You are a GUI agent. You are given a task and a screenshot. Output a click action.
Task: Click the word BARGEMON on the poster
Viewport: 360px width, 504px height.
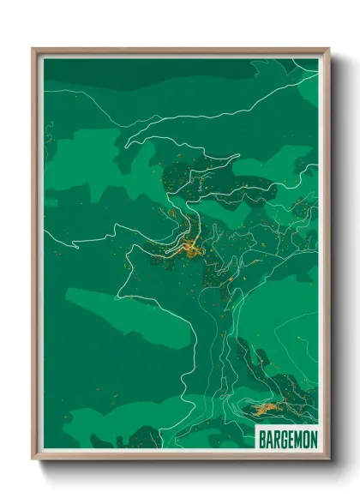[x=287, y=440]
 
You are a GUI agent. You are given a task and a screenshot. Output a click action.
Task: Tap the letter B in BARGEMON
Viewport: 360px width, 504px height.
[x=262, y=440]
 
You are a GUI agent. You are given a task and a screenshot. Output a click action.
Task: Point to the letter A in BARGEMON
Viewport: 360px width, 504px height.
[x=269, y=440]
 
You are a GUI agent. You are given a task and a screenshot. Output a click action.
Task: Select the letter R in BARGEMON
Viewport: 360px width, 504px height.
[x=276, y=440]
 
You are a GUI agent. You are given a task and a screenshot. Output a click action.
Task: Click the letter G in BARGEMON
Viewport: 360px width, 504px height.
[x=284, y=440]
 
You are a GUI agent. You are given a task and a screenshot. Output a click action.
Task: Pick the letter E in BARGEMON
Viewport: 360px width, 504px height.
[x=291, y=440]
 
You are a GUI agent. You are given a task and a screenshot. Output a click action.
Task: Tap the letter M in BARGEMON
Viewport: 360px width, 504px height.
[x=297, y=440]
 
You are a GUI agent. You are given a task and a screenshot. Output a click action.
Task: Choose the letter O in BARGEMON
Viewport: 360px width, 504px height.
[x=305, y=440]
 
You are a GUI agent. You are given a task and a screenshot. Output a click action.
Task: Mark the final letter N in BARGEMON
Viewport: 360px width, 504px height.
[x=313, y=440]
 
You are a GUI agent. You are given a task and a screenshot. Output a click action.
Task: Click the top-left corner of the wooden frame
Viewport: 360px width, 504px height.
[x=33, y=50]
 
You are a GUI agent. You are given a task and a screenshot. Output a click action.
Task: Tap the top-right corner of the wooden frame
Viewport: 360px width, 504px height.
[x=327, y=50]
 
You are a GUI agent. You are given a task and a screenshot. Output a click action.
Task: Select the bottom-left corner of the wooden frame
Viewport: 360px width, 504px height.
[x=33, y=459]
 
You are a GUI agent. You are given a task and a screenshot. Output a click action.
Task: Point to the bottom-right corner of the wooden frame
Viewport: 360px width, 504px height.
[x=327, y=459]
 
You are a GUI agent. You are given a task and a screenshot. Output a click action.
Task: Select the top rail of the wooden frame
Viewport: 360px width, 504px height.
[x=180, y=51]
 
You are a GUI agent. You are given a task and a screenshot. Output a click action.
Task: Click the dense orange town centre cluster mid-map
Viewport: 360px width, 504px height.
[x=189, y=249]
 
